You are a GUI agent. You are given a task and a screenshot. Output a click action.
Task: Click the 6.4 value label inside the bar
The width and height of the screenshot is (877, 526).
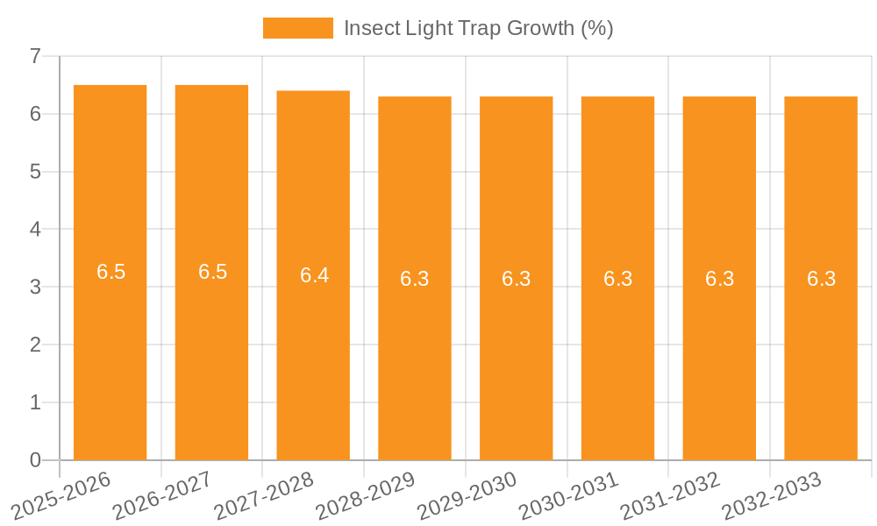314,275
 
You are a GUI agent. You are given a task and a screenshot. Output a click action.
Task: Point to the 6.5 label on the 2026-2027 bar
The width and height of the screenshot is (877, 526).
212,272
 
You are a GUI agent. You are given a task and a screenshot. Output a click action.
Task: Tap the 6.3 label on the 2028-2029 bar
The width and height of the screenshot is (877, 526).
415,279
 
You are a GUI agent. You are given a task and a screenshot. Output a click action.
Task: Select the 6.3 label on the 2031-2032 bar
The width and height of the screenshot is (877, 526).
719,279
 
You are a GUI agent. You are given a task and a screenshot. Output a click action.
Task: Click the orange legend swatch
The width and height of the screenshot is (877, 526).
297,28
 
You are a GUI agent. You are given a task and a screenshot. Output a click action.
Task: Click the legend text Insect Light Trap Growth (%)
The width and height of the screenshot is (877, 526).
478,28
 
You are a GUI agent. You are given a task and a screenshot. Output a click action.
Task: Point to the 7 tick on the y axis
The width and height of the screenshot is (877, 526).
35,56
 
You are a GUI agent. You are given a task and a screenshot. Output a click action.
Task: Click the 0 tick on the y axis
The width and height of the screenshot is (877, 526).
35,460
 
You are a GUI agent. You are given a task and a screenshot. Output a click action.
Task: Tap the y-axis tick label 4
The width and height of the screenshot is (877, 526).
35,230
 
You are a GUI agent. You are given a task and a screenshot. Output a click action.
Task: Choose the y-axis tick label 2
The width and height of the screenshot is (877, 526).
35,345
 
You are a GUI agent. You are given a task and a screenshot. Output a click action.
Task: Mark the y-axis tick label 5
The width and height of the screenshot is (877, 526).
35,172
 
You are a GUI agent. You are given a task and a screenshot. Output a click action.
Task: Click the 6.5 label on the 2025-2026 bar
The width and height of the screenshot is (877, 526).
111,272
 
